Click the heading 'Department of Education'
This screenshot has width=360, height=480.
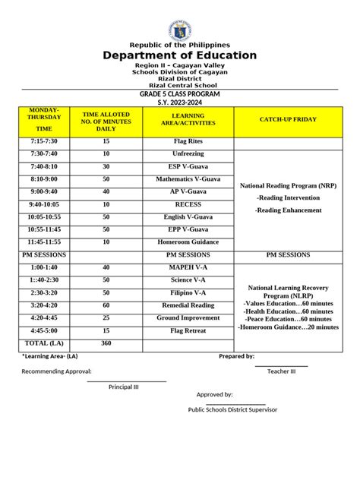pyautogui.click(x=180, y=55)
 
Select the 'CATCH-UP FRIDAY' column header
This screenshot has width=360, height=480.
pyautogui.click(x=289, y=121)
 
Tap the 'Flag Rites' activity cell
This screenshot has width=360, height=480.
pyautogui.click(x=188, y=141)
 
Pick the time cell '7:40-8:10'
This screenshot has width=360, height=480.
pyautogui.click(x=44, y=166)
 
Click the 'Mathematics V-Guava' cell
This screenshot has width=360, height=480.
pyautogui.click(x=188, y=179)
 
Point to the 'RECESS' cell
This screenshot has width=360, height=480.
pyautogui.click(x=188, y=205)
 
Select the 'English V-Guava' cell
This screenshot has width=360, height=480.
pyautogui.click(x=188, y=217)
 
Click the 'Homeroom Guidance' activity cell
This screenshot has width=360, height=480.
pyautogui.click(x=188, y=242)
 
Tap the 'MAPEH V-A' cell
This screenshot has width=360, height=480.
pyautogui.click(x=188, y=267)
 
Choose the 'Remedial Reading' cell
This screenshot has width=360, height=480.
pyautogui.click(x=188, y=305)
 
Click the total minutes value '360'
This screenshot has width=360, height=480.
pyautogui.click(x=106, y=343)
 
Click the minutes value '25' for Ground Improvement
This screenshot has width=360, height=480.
pyautogui.click(x=106, y=318)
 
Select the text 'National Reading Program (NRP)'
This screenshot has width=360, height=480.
pyautogui.click(x=288, y=185)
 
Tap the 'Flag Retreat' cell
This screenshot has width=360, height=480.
pyautogui.click(x=188, y=331)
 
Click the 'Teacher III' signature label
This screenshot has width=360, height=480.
pyautogui.click(x=281, y=371)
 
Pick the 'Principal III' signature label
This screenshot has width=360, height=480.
pyautogui.click(x=124, y=387)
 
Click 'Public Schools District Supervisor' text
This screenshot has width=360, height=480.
pyautogui.click(x=232, y=409)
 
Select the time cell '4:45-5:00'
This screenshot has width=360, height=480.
pyautogui.click(x=44, y=331)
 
